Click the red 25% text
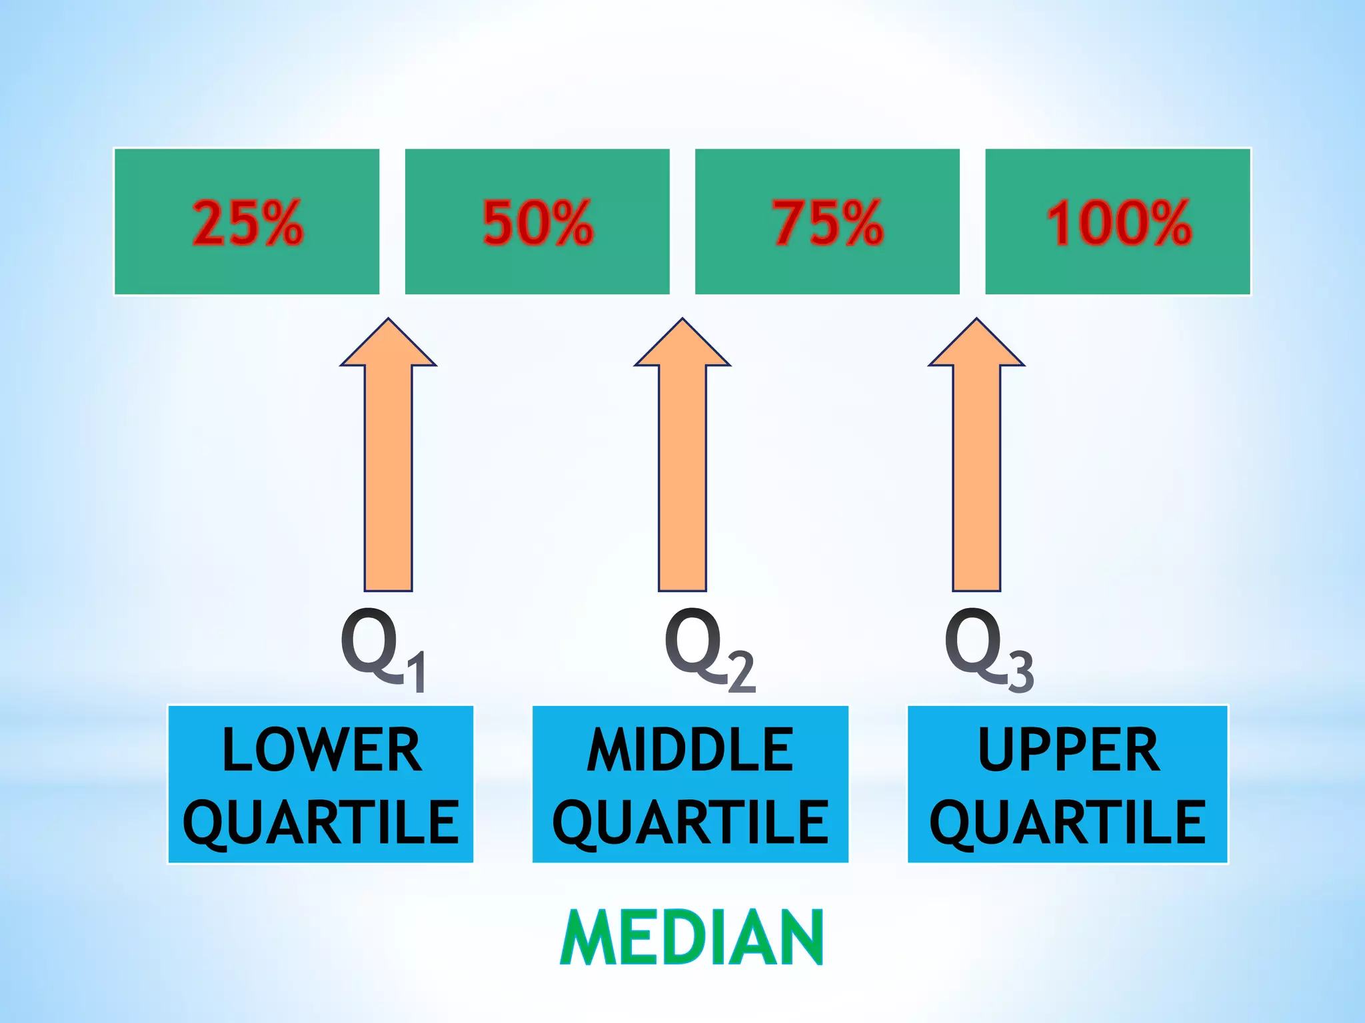[x=247, y=222]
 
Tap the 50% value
[x=537, y=222]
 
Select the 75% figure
[x=828, y=222]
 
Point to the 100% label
[x=1118, y=222]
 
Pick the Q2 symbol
[x=708, y=649]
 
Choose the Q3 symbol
[x=988, y=649]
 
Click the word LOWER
[x=322, y=751]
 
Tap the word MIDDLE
[x=690, y=751]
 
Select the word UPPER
[x=1068, y=751]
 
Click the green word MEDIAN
[x=692, y=937]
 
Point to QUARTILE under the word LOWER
[x=321, y=823]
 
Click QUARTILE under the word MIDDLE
[x=690, y=823]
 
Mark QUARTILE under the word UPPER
[x=1068, y=823]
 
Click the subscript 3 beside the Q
[x=1020, y=671]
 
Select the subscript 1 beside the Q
[x=417, y=673]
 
